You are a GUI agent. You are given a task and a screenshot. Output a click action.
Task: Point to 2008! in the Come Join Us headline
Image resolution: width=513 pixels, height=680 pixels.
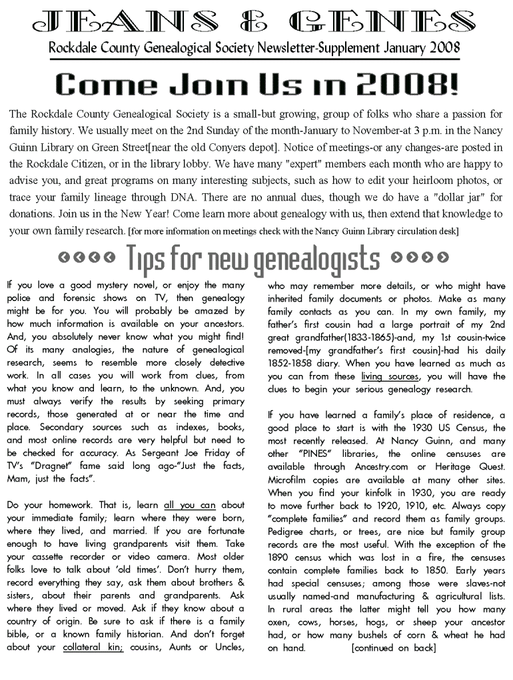[x=406, y=85]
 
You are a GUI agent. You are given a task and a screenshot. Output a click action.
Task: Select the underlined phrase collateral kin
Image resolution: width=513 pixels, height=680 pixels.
[x=93, y=647]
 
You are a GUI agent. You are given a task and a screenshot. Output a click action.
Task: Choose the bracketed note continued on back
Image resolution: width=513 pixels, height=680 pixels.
[x=394, y=647]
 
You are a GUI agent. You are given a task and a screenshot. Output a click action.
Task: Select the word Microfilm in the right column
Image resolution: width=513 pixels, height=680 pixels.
[x=290, y=480]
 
